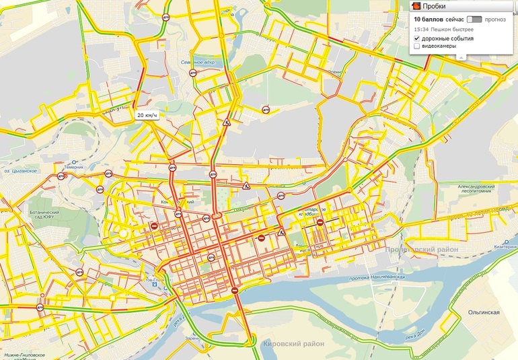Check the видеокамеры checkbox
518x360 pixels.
coord(417,46)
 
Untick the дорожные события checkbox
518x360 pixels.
coord(417,38)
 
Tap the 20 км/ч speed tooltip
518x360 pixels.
coord(147,115)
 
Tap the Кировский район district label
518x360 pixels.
coord(293,344)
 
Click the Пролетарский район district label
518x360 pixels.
coord(422,250)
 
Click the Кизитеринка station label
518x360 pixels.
coord(503,246)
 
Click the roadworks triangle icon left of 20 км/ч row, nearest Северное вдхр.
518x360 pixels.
coord(228,123)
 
